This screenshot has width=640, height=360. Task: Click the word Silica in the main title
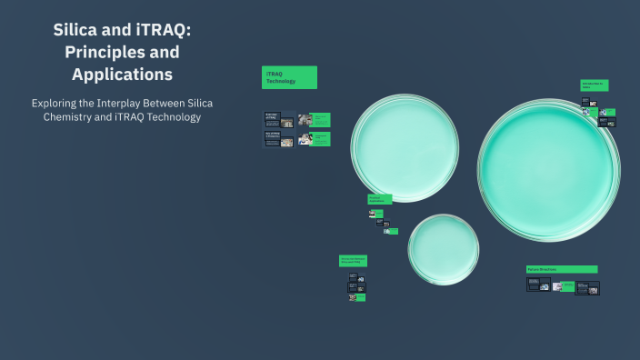(77, 31)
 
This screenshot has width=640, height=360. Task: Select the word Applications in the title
(122, 74)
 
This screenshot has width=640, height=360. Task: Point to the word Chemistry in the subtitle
(75, 117)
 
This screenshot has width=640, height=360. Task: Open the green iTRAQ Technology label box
(289, 77)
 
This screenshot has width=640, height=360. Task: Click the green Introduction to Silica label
(595, 85)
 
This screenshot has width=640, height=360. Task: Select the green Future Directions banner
(561, 269)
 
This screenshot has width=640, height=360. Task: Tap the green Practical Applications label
(379, 199)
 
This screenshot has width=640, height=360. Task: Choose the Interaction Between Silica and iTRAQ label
(353, 260)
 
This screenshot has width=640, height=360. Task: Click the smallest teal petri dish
(443, 249)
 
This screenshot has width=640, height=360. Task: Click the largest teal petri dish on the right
(548, 170)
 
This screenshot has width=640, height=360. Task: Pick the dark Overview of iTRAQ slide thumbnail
(273, 118)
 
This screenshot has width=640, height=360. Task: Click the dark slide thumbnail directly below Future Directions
(538, 285)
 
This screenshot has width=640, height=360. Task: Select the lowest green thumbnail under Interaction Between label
(360, 297)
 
